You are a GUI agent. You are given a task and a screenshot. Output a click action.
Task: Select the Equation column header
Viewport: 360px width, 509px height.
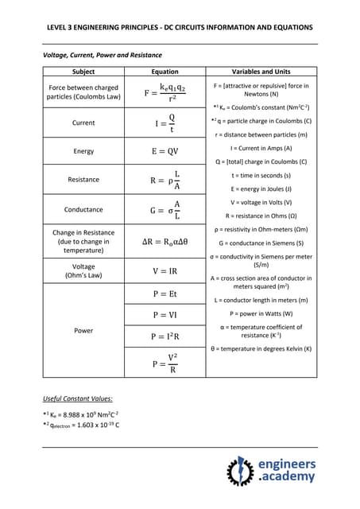(165, 72)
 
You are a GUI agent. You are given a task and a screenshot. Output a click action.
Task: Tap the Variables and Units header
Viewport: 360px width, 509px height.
(261, 72)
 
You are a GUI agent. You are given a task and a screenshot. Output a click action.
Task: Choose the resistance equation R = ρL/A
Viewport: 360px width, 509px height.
(165, 180)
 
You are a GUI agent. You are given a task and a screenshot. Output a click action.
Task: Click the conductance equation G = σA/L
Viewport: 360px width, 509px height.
(165, 210)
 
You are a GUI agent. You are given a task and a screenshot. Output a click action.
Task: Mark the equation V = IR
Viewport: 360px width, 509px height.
(165, 271)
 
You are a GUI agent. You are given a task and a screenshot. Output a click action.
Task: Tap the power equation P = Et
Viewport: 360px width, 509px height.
(165, 293)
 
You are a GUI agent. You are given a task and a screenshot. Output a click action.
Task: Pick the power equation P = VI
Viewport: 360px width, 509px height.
(165, 315)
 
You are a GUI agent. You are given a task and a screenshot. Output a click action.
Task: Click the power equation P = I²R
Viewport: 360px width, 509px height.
(165, 337)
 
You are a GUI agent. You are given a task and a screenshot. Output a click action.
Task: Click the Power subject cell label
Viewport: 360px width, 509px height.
(83, 330)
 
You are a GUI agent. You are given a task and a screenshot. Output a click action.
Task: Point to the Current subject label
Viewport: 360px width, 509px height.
(83, 123)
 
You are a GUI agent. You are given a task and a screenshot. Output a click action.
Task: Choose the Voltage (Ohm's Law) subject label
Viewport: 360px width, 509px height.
(83, 271)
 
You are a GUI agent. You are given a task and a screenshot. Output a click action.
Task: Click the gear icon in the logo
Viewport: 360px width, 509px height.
(239, 471)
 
